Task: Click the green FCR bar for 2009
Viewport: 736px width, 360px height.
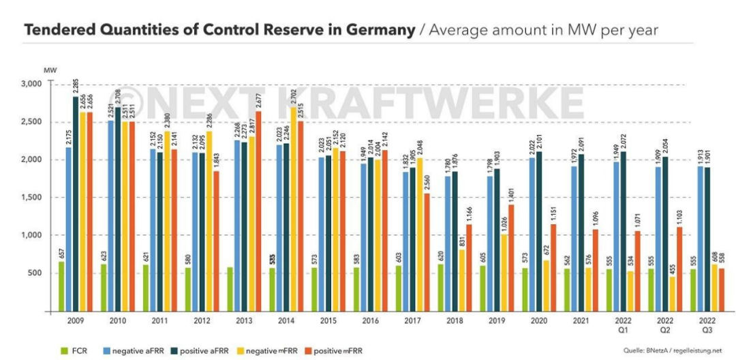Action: pyautogui.click(x=62, y=286)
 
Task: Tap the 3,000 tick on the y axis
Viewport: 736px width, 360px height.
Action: pyautogui.click(x=33, y=84)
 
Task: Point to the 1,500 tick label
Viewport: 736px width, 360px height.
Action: pyautogui.click(x=33, y=198)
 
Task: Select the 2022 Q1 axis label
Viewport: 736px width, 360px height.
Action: pyautogui.click(x=622, y=324)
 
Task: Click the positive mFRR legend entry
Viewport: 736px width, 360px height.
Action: pyautogui.click(x=335, y=350)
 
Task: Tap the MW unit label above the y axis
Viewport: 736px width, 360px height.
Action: pyautogui.click(x=49, y=70)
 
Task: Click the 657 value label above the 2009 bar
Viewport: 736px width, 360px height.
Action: pyautogui.click(x=61, y=252)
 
